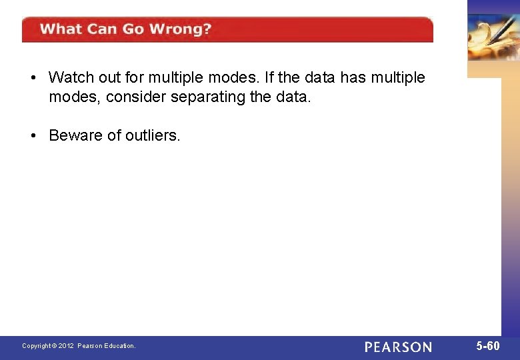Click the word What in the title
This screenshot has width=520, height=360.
pos(62,29)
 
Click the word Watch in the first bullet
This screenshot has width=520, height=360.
pos(69,78)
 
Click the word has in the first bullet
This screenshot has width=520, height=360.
pos(353,78)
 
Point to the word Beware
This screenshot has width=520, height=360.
pos(75,136)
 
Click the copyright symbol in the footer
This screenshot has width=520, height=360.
pos(55,346)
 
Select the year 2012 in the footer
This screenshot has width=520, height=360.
pos(66,346)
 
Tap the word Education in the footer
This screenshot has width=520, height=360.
pos(119,346)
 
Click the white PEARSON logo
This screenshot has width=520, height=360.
pos(398,347)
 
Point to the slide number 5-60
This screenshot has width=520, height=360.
pos(488,346)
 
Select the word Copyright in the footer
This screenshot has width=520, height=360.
pos(36,346)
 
